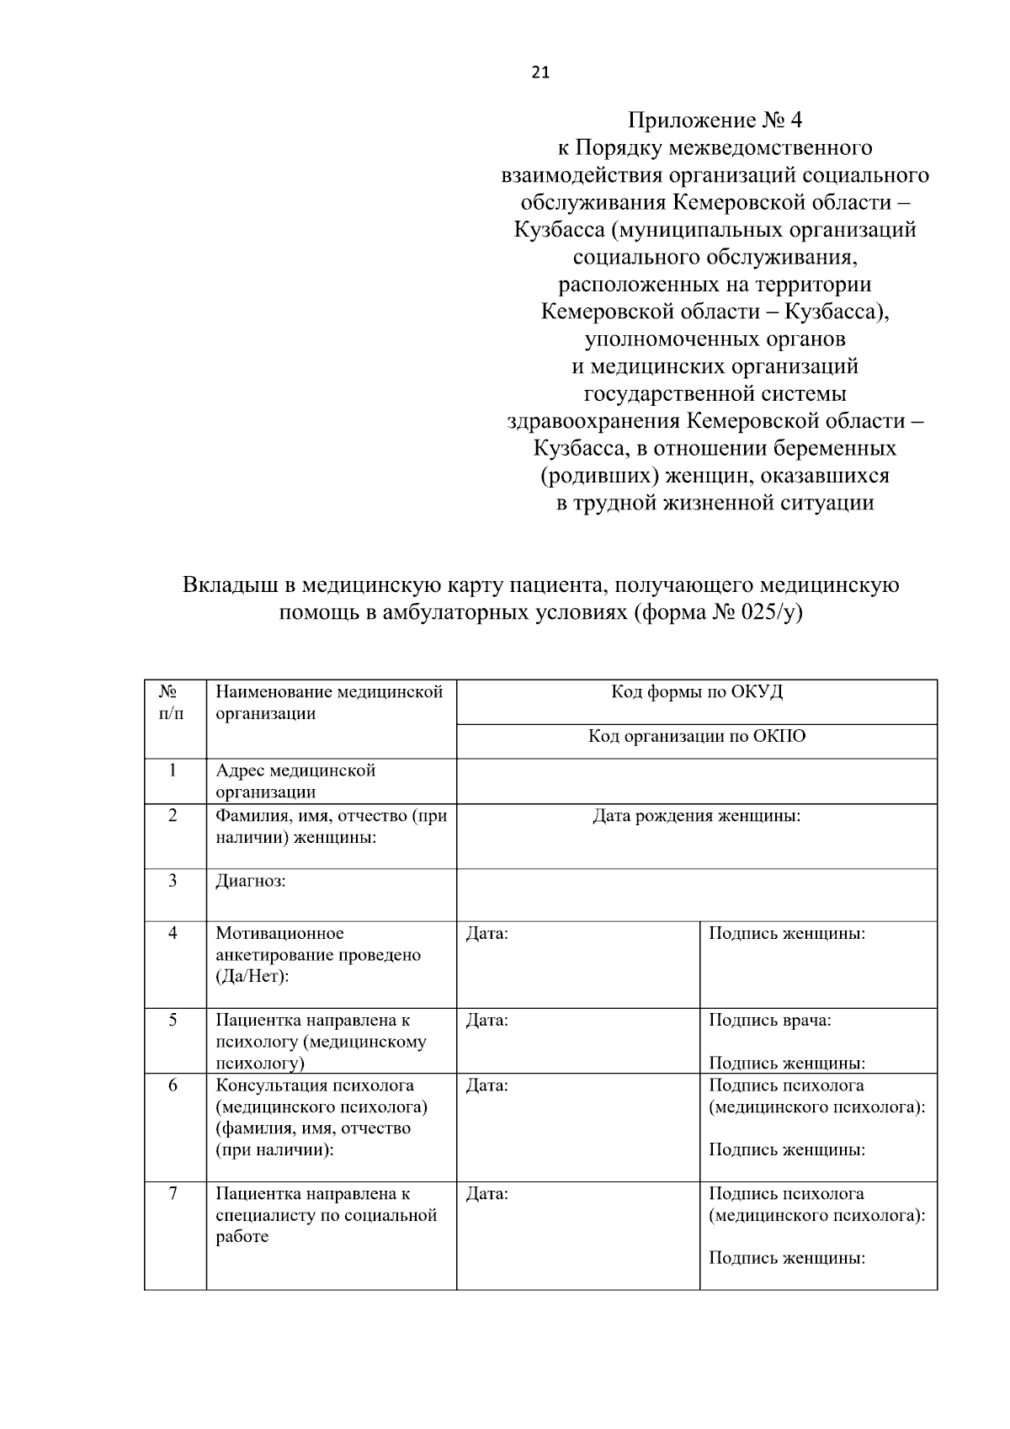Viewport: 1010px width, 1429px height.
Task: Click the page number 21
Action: click(540, 72)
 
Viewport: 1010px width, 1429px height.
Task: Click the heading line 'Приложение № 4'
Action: click(715, 120)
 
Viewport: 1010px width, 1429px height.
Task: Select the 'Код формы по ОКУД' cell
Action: click(696, 692)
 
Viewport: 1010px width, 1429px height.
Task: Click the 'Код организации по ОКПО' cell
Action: click(696, 737)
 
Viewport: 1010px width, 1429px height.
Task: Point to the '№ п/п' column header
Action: click(172, 702)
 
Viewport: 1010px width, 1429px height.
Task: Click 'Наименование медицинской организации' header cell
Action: click(329, 702)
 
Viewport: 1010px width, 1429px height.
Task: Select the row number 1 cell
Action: click(173, 770)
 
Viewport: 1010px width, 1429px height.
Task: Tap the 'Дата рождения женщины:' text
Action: click(696, 816)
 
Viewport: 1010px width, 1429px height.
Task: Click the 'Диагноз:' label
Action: click(251, 882)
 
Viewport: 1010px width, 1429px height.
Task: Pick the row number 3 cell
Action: click(173, 881)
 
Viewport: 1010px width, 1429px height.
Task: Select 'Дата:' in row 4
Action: click(486, 934)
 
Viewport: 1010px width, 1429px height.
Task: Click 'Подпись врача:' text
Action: click(770, 1021)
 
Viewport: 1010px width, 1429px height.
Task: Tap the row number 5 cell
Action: click(173, 1020)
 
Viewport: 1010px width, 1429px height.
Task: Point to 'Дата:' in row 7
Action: click(486, 1194)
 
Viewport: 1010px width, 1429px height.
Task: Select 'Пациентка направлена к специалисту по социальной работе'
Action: click(326, 1215)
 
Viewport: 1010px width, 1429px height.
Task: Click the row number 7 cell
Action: click(173, 1193)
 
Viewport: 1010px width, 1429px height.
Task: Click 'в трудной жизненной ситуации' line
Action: click(715, 504)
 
